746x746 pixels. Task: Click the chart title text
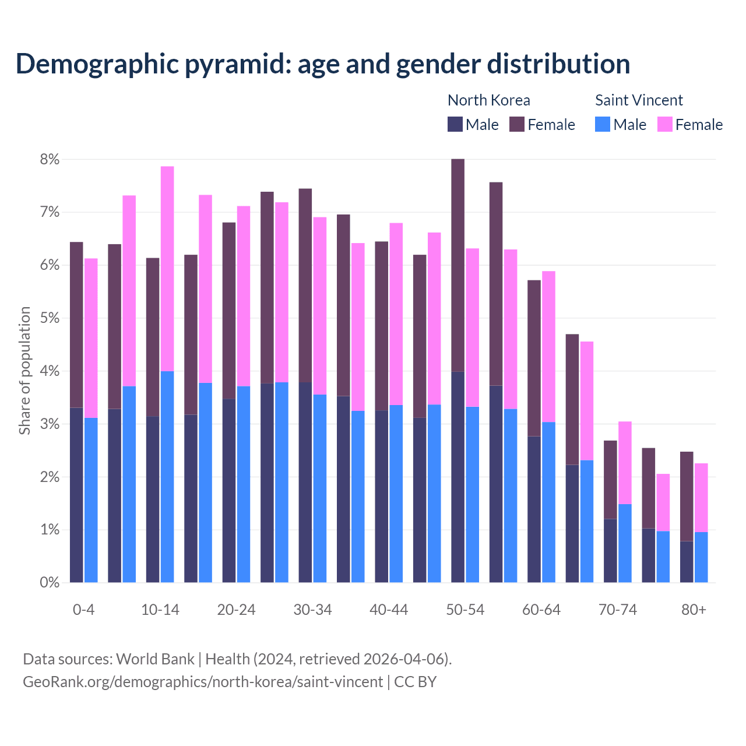[x=322, y=64]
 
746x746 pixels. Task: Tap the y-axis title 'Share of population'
[x=24, y=371]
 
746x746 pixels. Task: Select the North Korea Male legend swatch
[x=455, y=124]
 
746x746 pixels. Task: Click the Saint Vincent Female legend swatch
[x=664, y=124]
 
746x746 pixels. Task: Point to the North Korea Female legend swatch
[x=517, y=124]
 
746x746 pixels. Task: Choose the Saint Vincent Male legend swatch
[x=603, y=124]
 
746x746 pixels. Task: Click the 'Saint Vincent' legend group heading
[x=639, y=100]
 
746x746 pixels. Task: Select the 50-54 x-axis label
[x=465, y=610]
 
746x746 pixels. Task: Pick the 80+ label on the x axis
[x=694, y=610]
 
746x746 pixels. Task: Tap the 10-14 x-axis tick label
[x=160, y=610]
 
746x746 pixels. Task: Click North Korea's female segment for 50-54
[x=458, y=265]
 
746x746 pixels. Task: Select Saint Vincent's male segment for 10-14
[x=167, y=477]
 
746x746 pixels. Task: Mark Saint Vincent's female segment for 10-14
[x=167, y=269]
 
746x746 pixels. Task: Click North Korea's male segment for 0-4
[x=76, y=495]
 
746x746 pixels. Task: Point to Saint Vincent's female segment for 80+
[x=701, y=498]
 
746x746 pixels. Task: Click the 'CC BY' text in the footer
[x=416, y=681]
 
